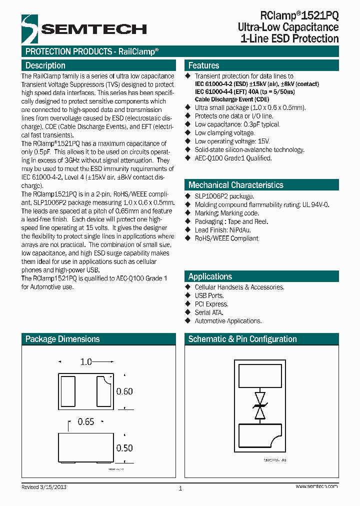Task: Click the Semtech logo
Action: (x=83, y=28)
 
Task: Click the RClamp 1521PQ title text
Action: (x=299, y=15)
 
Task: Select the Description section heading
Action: (x=45, y=65)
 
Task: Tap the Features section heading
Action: (x=203, y=65)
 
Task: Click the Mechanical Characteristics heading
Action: (x=235, y=185)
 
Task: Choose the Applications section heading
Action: (x=210, y=276)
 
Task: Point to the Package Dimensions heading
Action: (x=62, y=339)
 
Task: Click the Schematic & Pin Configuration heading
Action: (x=242, y=339)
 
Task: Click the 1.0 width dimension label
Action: (x=86, y=361)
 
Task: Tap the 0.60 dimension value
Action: (x=124, y=391)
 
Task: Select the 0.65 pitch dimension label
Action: (x=86, y=422)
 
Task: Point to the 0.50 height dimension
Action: (x=124, y=448)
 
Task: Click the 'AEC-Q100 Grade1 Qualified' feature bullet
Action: (x=233, y=158)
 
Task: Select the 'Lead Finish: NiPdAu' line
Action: (x=222, y=230)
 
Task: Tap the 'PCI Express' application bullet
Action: (x=211, y=304)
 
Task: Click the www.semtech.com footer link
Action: (x=316, y=486)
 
